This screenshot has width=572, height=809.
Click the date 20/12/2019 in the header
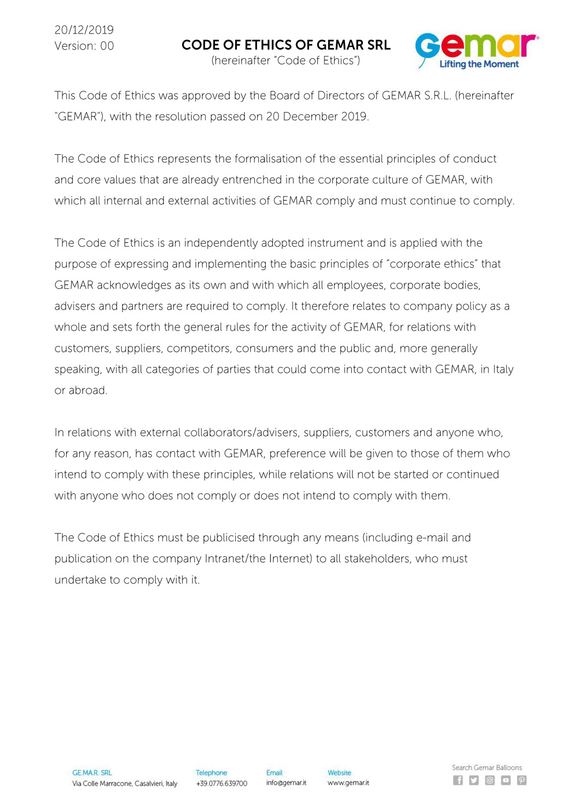point(84,30)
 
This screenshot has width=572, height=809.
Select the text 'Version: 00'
point(84,46)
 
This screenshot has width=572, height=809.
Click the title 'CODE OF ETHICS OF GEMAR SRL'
point(286,45)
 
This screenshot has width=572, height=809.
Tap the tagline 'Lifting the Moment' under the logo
point(479,64)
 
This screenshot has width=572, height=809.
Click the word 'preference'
point(299,454)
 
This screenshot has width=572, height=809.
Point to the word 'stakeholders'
point(377,559)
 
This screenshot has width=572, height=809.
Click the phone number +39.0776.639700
point(221,784)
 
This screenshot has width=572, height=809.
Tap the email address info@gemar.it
point(286,783)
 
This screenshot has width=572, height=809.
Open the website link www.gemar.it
point(348,783)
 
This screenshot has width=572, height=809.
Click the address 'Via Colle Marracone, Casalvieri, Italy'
point(125,784)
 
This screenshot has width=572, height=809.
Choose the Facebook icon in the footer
point(458,780)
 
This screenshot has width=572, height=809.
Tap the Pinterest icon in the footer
point(522,780)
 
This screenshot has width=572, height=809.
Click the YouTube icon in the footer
point(506,780)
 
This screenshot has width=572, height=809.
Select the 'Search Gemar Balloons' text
point(486,767)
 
